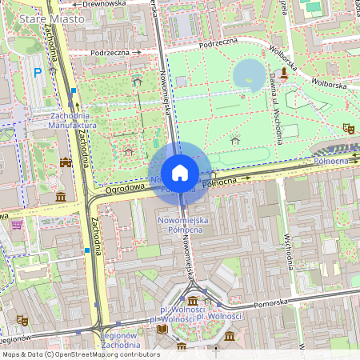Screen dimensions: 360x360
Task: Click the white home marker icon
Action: (180, 173)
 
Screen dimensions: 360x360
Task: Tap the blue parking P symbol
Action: (38, 73)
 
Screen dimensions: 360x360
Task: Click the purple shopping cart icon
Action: (17, 225)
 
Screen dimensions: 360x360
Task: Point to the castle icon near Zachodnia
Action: (66, 162)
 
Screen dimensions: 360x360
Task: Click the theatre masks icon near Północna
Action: (347, 128)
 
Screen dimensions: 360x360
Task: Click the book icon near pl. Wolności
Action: (163, 328)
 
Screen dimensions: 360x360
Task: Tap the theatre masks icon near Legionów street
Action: (22, 320)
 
